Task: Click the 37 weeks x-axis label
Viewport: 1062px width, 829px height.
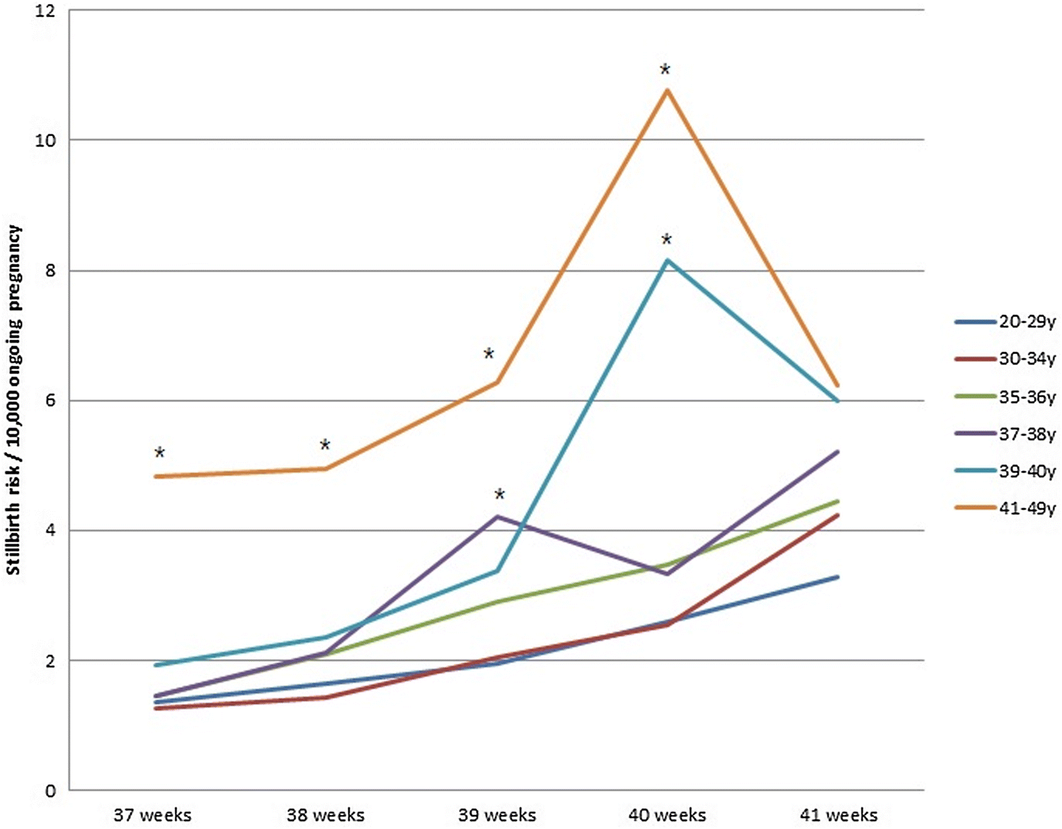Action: click(x=152, y=815)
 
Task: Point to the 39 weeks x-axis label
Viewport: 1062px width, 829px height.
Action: click(x=496, y=815)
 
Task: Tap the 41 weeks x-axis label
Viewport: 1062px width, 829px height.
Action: click(x=838, y=815)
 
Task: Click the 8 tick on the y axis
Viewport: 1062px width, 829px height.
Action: click(x=50, y=271)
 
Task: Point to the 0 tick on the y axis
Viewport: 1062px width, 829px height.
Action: click(x=50, y=791)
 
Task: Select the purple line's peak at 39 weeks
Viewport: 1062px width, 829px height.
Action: click(x=498, y=516)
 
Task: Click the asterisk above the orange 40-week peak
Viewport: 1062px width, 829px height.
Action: click(x=665, y=70)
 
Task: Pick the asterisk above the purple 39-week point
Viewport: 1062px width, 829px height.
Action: click(x=500, y=494)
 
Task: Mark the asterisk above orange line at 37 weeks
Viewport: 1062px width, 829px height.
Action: click(x=159, y=453)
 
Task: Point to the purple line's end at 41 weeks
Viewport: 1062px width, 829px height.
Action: click(x=838, y=452)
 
